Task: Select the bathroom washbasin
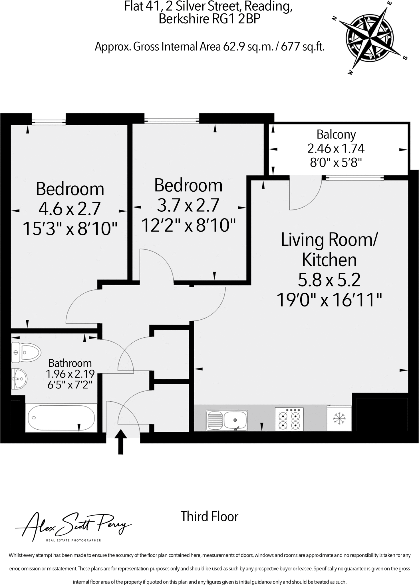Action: tap(19, 379)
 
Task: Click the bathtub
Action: tap(61, 417)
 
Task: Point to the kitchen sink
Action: tap(227, 420)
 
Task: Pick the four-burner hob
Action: tap(289, 419)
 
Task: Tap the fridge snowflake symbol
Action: tap(339, 419)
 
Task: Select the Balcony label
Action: tap(336, 135)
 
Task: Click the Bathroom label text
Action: tap(70, 363)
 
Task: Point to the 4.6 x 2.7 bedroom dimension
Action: tap(69, 209)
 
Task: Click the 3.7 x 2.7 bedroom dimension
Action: tap(188, 205)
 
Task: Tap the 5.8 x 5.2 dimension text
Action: tap(329, 280)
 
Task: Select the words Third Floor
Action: tap(210, 517)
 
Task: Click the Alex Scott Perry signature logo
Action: tap(73, 527)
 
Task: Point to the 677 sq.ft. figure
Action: tap(303, 46)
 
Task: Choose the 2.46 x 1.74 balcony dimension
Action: tap(336, 149)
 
